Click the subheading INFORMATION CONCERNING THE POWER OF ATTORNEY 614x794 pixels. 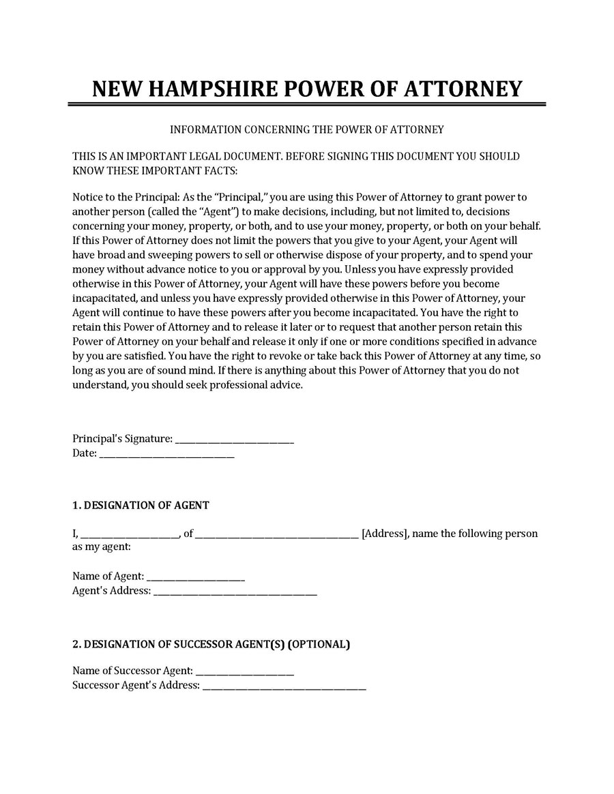tap(307, 129)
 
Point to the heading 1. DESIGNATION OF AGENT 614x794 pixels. tap(141, 506)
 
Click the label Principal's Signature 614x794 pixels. tap(122, 440)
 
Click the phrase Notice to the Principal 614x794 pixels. tap(126, 198)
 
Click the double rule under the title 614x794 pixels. tap(307, 104)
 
